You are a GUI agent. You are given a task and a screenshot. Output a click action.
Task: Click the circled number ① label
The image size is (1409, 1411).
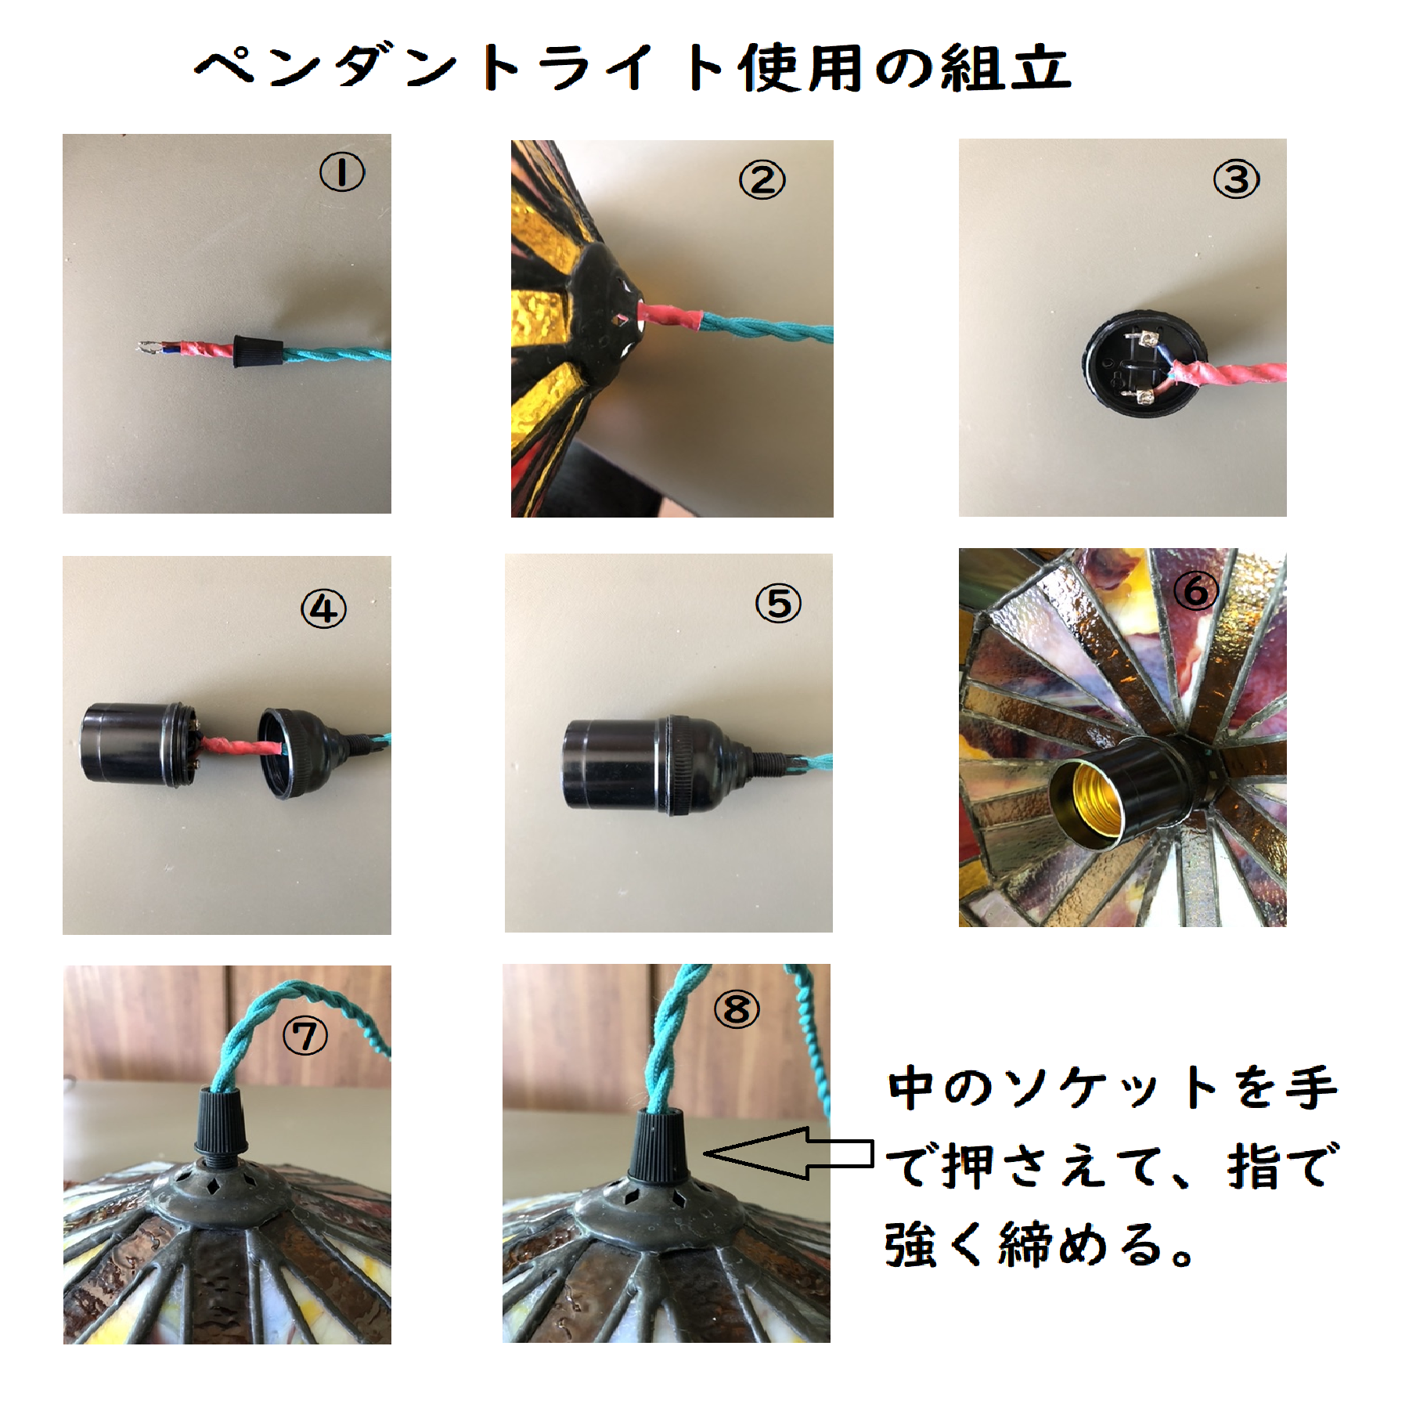point(342,172)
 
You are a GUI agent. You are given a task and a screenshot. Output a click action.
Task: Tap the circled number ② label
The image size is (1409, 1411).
point(762,180)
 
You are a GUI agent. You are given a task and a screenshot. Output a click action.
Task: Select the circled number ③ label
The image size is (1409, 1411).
point(1236,179)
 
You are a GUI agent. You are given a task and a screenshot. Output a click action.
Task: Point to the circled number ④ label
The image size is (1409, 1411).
point(323,609)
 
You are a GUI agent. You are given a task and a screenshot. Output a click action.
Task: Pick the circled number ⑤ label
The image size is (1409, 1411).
point(778,604)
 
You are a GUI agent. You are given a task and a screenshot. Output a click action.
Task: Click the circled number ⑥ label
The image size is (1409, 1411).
point(1195,590)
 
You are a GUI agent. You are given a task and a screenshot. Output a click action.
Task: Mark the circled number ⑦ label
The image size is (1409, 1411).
point(305,1037)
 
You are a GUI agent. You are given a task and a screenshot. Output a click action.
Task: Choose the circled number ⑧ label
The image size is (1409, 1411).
point(737,1009)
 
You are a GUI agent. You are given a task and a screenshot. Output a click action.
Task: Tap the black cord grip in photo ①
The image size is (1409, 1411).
point(258,350)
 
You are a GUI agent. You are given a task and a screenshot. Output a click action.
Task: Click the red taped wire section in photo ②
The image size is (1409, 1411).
point(670,317)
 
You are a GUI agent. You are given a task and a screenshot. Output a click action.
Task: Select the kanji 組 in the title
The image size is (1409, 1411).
point(971,68)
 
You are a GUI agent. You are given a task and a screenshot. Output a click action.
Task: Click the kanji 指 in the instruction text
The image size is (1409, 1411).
point(1252,1166)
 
